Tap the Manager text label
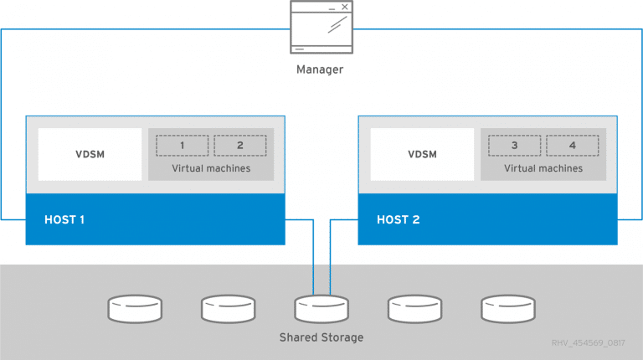(320, 69)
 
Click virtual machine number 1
(182, 145)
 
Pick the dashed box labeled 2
(239, 145)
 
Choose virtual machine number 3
(514, 145)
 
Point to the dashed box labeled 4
(572, 145)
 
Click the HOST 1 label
(64, 220)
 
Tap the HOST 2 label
(398, 220)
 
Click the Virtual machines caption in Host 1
(211, 168)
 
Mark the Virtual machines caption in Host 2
(543, 168)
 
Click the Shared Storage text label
(321, 337)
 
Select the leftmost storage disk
(135, 309)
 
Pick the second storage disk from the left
(228, 309)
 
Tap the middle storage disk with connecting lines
(321, 309)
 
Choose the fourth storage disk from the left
(414, 309)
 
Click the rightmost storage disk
(508, 309)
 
